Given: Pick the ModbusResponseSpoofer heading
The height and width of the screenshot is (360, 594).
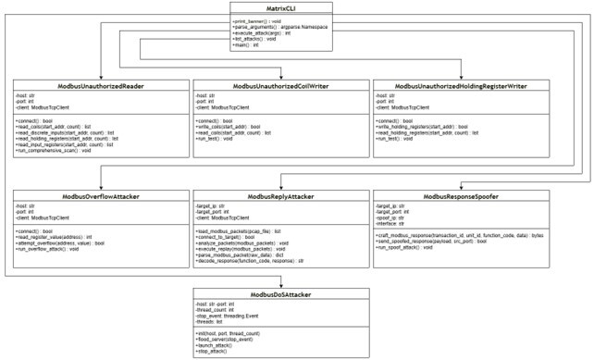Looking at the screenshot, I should point(453,197).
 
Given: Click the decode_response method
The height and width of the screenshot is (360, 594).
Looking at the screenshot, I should point(250,262).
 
